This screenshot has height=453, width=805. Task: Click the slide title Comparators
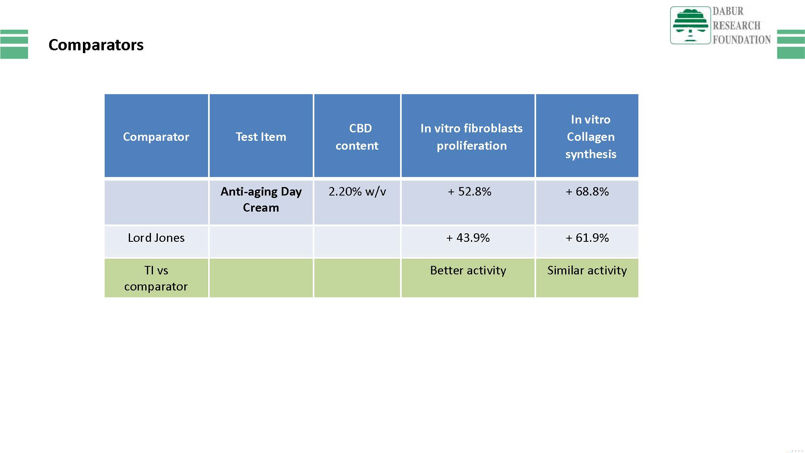tap(96, 45)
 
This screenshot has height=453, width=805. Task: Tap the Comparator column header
tap(156, 137)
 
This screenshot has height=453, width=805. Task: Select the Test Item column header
tap(261, 137)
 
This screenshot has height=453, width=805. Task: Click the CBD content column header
tap(357, 137)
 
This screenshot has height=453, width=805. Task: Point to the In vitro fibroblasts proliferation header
tap(471, 137)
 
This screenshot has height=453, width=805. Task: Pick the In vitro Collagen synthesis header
tap(590, 137)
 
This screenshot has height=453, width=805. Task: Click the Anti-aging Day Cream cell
tap(261, 199)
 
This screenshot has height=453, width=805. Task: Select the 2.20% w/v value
tap(357, 191)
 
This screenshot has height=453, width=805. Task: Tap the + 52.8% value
tap(469, 191)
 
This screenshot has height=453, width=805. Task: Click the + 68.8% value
tap(587, 191)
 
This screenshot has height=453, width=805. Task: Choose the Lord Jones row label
tap(156, 238)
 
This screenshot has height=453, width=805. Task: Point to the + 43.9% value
tap(468, 238)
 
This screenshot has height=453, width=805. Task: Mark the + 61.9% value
tap(587, 238)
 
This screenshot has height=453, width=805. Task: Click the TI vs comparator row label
tap(156, 278)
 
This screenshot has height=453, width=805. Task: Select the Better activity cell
tap(468, 270)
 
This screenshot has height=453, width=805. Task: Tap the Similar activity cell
tap(587, 270)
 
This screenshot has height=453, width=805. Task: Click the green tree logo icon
tap(690, 25)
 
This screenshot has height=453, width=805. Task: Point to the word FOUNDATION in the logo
tap(742, 39)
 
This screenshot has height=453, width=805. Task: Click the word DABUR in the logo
tap(728, 11)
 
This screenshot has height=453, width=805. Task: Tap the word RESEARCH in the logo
tap(737, 25)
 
